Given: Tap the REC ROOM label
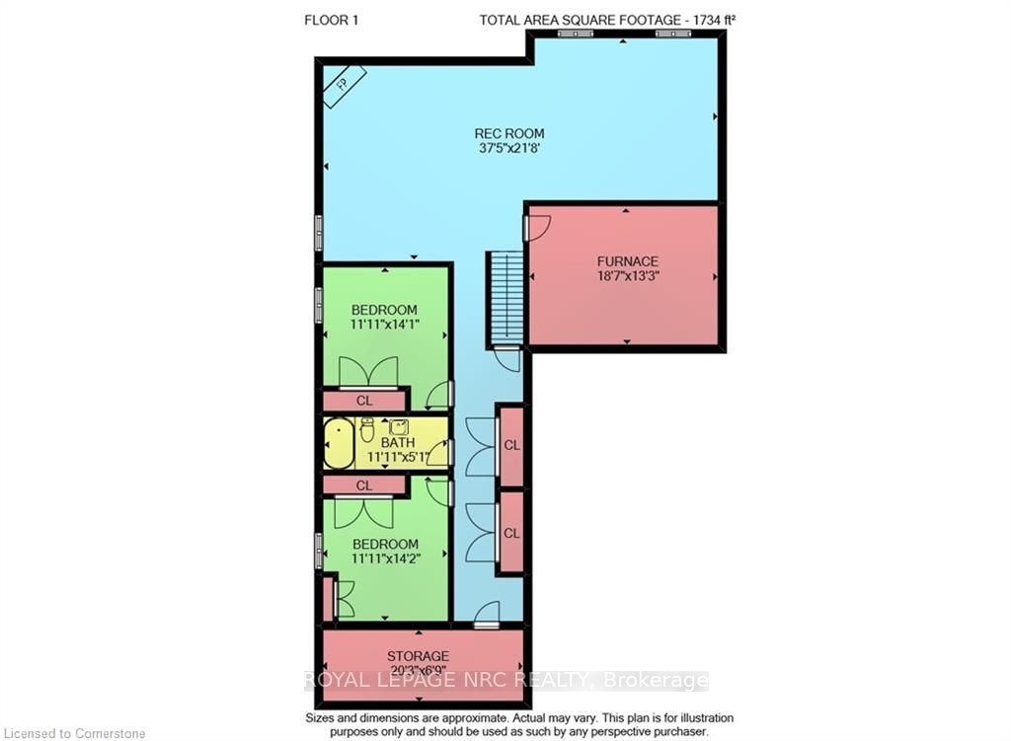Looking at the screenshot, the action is pos(509,133).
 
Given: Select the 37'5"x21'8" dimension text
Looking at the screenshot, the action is pos(509,148).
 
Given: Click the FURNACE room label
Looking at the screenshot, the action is pos(627,261).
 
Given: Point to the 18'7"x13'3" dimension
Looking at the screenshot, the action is pos(627,276).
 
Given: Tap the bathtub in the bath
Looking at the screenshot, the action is pos(339,443).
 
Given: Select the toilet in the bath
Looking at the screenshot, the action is pos(367,429).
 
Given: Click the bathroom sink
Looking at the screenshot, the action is pos(398,426).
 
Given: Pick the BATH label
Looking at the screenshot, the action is pos(398,443).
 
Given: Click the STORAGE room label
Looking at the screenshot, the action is pos(418,656).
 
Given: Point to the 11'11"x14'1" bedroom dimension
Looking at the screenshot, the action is pos(385,325).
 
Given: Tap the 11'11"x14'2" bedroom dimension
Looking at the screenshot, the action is pos(386,558).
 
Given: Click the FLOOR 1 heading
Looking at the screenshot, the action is pos(331,20).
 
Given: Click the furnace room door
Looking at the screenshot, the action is pos(537,228).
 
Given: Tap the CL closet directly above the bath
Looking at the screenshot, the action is pos(364,401).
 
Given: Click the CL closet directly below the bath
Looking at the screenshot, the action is pos(364,485).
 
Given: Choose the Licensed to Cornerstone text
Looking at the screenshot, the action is pos(75,733).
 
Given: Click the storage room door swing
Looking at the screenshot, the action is pos(487,614).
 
